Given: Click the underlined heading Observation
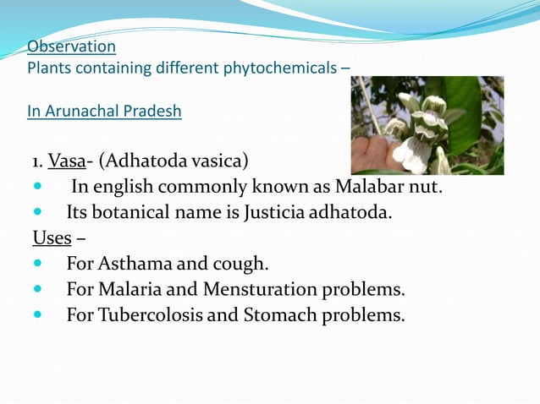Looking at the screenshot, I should click(71, 46).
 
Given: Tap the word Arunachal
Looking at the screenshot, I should click(85, 111).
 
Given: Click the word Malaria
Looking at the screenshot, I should click(134, 290).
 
